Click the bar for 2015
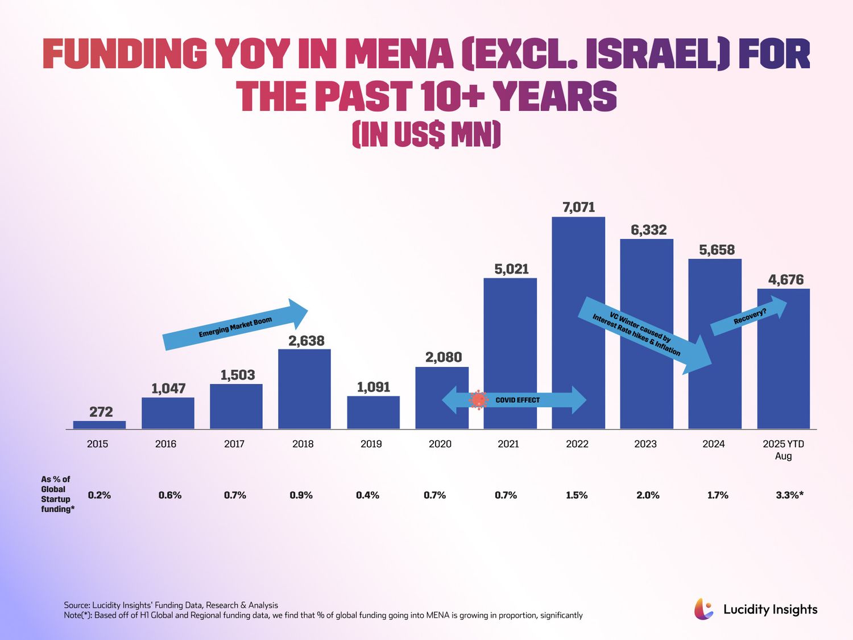[100, 424]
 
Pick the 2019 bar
[373, 412]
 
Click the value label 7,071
[578, 207]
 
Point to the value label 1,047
[168, 389]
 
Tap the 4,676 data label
[786, 279]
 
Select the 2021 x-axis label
[508, 444]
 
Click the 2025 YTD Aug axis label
[783, 449]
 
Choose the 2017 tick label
[234, 444]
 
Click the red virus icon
[478, 400]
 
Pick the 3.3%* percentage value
[789, 495]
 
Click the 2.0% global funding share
[648, 495]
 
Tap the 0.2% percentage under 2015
[100, 495]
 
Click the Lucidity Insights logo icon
[703, 609]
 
